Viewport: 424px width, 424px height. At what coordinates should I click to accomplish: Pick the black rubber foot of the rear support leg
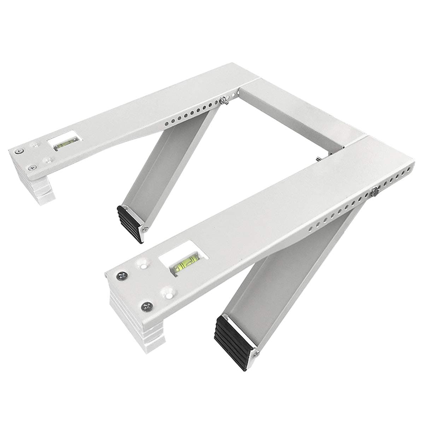[x=130, y=223]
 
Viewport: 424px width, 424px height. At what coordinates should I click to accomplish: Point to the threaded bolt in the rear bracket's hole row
[x=224, y=101]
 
